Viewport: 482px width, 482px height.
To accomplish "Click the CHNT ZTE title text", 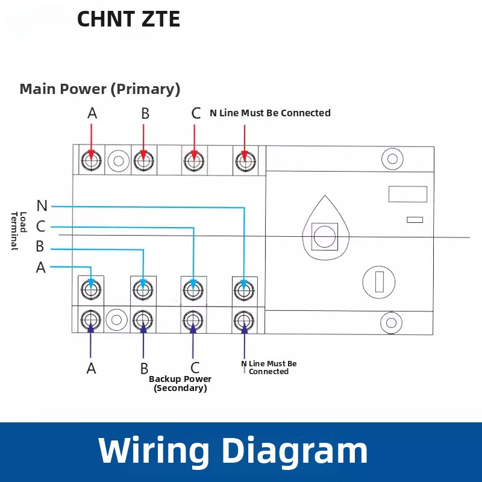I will (128, 19).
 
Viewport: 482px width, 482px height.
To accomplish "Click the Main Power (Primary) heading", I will (100, 89).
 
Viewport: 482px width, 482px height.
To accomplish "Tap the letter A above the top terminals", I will (92, 113).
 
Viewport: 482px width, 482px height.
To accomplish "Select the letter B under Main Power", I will (145, 114).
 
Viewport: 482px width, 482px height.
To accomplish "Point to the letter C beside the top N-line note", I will (196, 113).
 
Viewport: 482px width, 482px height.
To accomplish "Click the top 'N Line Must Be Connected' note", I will (270, 113).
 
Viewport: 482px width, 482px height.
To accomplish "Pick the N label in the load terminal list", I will (42, 206).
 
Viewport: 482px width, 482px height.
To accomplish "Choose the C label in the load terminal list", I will (41, 227).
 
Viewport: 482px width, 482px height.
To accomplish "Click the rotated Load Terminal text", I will (19, 230).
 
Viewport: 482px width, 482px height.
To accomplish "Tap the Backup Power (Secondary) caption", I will (180, 383).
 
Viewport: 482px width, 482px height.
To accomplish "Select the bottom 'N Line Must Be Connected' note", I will (269, 368).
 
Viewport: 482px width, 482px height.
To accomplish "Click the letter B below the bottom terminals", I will (145, 368).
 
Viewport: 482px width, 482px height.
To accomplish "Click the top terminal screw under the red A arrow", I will (91, 161).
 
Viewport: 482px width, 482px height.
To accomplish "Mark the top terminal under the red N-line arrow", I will (244, 161).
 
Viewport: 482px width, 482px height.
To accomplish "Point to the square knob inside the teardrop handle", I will (324, 236).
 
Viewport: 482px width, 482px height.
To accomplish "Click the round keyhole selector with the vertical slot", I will (379, 281).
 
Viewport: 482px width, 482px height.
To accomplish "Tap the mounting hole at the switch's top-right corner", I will (392, 159).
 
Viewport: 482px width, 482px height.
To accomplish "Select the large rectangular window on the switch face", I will (407, 194).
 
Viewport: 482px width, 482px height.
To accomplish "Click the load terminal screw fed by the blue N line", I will (243, 291).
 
